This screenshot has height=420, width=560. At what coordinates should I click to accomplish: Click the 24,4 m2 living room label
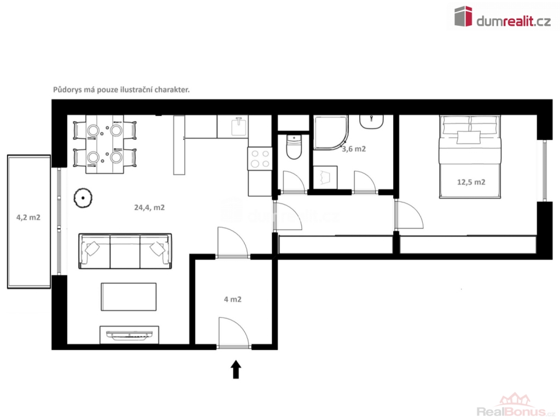(149, 207)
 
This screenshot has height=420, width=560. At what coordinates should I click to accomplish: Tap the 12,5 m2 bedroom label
(471, 182)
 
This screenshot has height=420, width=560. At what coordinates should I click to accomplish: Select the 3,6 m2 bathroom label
(354, 149)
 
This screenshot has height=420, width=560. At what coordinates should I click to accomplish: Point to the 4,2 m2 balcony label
(28, 217)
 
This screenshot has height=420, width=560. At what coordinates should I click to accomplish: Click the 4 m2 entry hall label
(232, 299)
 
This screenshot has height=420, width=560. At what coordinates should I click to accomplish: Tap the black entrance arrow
(236, 369)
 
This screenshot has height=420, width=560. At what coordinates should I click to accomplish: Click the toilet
(294, 147)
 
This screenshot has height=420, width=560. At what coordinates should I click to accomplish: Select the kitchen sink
(239, 127)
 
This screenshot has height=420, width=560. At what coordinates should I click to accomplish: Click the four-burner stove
(260, 159)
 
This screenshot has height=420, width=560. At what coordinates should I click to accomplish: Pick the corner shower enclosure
(331, 132)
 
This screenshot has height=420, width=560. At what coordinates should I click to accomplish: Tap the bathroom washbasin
(371, 121)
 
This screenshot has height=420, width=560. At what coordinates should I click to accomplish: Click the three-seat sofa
(125, 251)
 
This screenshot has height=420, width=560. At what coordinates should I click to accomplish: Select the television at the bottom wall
(129, 335)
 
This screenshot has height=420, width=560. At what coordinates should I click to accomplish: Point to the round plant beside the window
(83, 198)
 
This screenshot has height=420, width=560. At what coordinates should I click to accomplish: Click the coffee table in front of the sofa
(129, 297)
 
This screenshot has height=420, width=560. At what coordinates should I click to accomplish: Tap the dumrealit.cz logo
(503, 16)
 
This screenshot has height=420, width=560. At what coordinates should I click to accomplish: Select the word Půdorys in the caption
(67, 90)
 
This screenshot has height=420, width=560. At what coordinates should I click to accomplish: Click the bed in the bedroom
(470, 156)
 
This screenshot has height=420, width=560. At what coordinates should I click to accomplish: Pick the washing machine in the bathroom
(325, 177)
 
